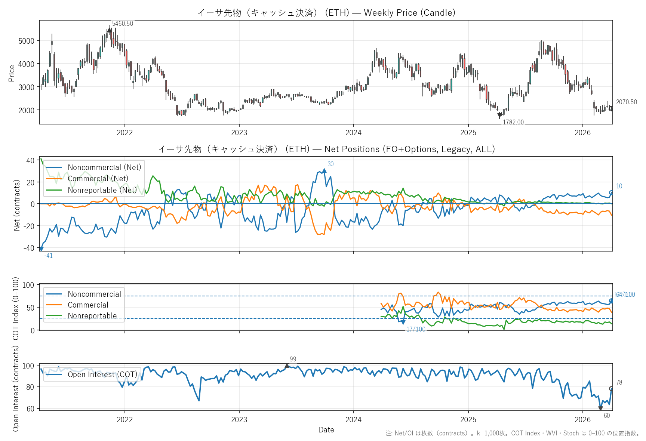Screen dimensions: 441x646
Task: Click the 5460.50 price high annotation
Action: [122, 24]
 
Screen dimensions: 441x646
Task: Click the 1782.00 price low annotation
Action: [513, 122]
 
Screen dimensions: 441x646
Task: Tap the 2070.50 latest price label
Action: [626, 102]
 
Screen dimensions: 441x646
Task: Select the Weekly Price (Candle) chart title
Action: [326, 13]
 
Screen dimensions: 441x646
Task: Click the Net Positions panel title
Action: [326, 149]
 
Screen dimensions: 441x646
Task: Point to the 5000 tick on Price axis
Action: [26, 41]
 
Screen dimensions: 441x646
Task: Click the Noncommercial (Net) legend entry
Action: [104, 167]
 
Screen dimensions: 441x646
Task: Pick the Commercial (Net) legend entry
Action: [98, 179]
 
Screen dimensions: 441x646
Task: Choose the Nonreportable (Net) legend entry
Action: [102, 190]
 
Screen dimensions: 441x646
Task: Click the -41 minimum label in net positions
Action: [48, 256]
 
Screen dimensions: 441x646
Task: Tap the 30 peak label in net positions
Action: [330, 164]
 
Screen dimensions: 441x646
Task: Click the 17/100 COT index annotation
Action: [416, 329]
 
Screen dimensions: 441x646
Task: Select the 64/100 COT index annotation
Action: [625, 294]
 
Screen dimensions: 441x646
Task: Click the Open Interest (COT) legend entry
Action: [102, 374]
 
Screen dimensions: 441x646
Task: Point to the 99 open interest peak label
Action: [293, 359]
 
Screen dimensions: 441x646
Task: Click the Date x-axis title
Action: [326, 430]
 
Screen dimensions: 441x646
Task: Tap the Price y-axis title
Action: [12, 73]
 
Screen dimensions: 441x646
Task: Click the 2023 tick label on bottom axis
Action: [239, 420]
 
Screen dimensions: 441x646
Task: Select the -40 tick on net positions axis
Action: [30, 248]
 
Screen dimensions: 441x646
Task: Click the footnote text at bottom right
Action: [512, 433]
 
